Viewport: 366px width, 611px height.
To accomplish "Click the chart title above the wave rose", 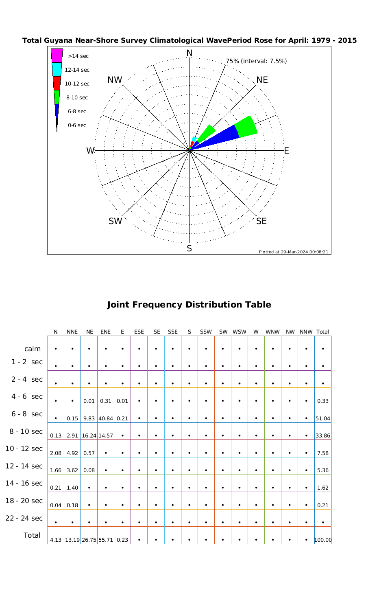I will pos(190,40).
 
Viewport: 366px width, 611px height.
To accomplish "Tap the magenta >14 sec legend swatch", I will pos(57,55).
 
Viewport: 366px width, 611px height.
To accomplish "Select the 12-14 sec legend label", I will pos(77,70).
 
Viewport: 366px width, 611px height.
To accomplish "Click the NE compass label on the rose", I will pos(262,80).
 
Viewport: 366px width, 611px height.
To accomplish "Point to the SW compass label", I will pos(115,221).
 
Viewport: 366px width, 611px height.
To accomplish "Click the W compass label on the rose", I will pos(90,151).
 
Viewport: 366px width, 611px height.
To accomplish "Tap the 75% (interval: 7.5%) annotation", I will pos(256,61).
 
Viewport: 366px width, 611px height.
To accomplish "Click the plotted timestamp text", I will pos(293,252).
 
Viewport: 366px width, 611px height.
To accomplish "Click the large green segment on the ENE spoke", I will pos(246,127).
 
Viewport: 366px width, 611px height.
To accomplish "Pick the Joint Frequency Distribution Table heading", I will pos(189,305).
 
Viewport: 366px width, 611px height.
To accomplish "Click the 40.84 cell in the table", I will pos(105,418).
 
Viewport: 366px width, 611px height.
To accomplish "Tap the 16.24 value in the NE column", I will pos(89,435).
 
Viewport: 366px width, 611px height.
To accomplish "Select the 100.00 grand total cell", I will pos(323,540).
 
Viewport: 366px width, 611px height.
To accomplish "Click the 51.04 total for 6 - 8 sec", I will pos(323,418).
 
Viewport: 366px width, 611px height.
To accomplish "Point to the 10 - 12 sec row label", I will pos(24,448).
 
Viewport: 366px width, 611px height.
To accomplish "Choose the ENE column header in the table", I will pos(105,332).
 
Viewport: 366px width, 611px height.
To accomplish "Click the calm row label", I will pos(33,349).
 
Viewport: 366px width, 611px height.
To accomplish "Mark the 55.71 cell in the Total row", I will pos(105,540).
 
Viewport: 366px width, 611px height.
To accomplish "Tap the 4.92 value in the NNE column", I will pos(72,453).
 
